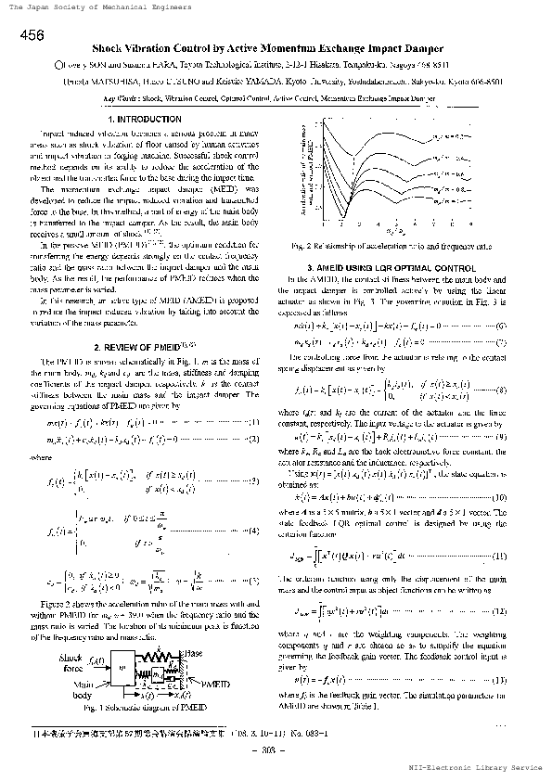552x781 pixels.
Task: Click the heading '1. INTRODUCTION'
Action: click(x=144, y=121)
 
